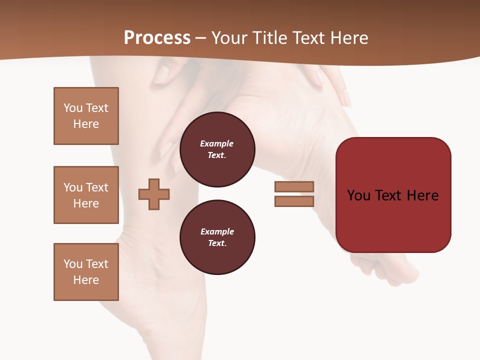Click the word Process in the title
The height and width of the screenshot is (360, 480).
[157, 37]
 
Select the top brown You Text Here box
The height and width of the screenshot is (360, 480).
[86, 116]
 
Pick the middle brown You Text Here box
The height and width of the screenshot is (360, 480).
[86, 195]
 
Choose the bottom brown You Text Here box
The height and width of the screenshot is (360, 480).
[86, 272]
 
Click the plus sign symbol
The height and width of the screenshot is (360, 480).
[154, 194]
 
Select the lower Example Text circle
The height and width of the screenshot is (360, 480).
[217, 237]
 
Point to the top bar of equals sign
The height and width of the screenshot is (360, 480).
[294, 186]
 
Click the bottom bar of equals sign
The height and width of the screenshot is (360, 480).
[294, 201]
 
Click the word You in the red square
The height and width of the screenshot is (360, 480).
[358, 195]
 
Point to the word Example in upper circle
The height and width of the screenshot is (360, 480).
[217, 143]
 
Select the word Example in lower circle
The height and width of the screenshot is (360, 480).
[217, 231]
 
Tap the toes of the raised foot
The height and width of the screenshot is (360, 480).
[395, 272]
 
